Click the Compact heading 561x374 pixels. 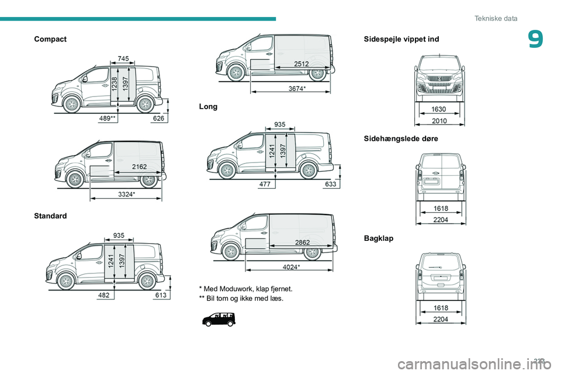coord(50,39)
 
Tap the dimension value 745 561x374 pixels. coord(123,58)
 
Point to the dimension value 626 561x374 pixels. coord(158,119)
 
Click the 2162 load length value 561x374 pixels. coord(139,167)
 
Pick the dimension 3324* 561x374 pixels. coord(126,194)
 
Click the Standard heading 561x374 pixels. coord(50,216)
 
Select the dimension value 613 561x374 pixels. coord(161,296)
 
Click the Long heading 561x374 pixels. coord(208,107)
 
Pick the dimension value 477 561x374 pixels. coord(266,183)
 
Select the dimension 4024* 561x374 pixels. coord(291,267)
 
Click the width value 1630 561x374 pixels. coord(439,109)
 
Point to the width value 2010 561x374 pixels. coord(439,121)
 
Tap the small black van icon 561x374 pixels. coord(219,318)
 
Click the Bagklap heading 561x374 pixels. coord(379,239)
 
